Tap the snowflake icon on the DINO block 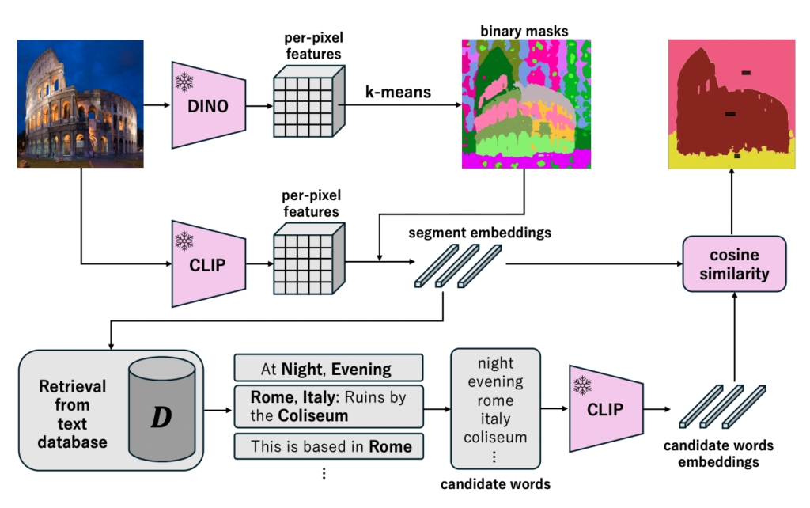tap(184, 82)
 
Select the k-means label tap(398, 93)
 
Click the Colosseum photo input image tap(80, 104)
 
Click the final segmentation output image tap(730, 104)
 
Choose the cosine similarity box tap(735, 265)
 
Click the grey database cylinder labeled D tap(161, 410)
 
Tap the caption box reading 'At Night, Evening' tap(328, 369)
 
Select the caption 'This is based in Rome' tap(328, 445)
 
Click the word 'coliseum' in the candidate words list tap(495, 438)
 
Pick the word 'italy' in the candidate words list tap(495, 419)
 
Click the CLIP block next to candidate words tap(604, 410)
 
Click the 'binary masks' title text tap(524, 32)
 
